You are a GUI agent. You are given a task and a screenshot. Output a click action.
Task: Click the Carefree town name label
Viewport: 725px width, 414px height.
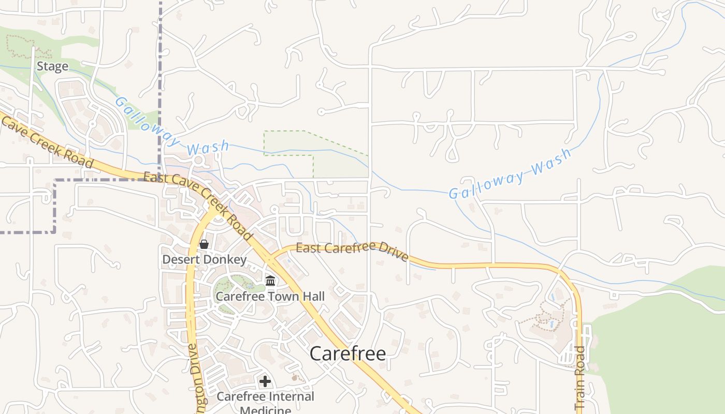347,354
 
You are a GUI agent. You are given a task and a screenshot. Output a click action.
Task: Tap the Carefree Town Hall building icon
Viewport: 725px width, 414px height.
270,281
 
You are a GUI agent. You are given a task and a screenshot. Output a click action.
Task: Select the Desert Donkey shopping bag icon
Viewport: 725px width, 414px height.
204,244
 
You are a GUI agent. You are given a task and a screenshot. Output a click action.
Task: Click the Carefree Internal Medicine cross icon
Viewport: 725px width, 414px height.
265,382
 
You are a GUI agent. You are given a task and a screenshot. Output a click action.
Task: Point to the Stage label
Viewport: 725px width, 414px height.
52,66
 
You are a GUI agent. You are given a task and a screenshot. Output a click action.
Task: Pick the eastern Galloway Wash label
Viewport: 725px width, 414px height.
510,173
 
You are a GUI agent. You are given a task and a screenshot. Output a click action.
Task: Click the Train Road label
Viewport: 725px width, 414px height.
579,378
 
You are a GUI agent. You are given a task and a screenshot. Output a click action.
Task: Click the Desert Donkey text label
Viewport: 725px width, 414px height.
205,259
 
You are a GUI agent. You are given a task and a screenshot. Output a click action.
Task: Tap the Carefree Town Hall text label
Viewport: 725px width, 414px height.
270,297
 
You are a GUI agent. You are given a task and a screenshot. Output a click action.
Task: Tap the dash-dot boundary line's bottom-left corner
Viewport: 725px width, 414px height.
54,232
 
